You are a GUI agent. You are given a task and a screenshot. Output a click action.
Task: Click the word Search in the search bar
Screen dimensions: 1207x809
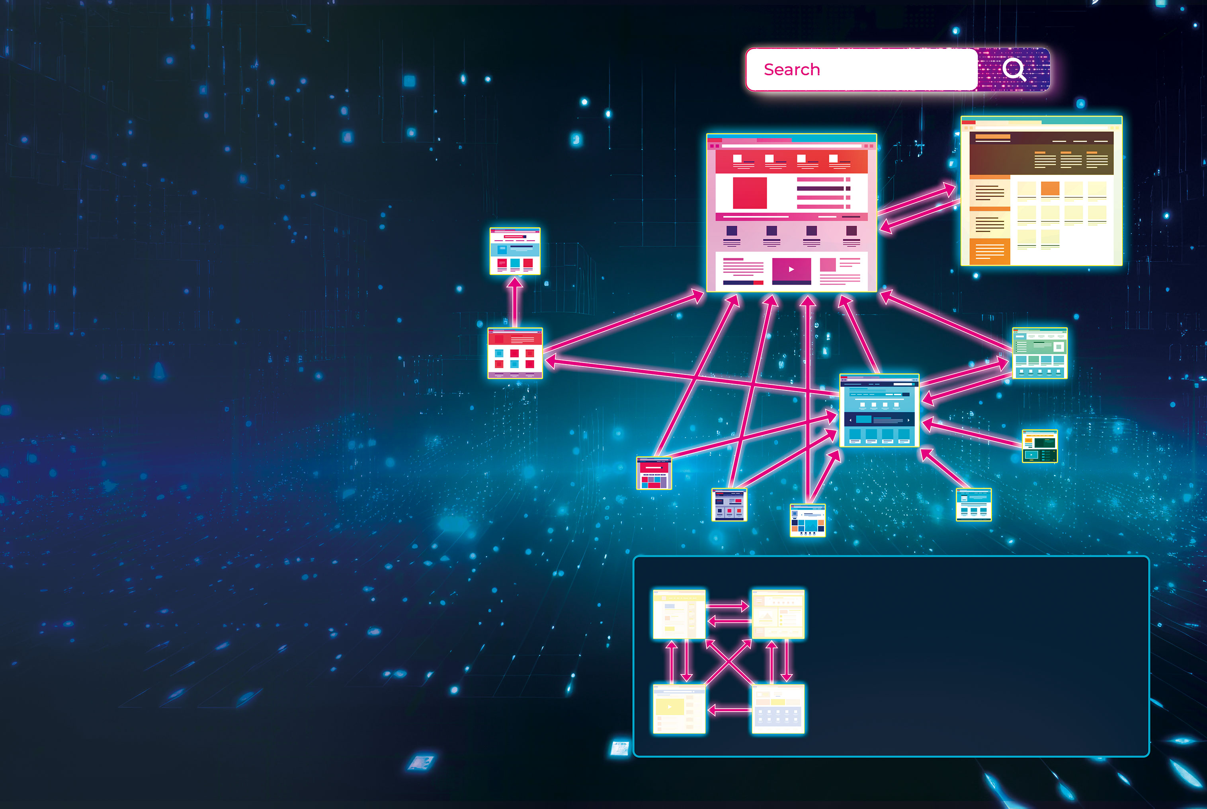point(791,69)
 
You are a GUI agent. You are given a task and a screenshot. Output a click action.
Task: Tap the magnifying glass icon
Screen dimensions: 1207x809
point(1014,70)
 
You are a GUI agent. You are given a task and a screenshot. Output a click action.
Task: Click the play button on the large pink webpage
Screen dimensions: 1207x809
point(791,269)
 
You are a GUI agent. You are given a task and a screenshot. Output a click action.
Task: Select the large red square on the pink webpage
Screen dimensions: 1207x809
point(750,193)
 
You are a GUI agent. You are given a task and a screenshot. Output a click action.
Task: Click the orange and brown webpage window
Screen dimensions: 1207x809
point(1041,191)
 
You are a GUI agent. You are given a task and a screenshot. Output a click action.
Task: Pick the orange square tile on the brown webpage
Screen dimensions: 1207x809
point(1050,189)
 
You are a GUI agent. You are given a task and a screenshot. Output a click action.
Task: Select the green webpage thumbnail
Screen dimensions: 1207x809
point(1040,353)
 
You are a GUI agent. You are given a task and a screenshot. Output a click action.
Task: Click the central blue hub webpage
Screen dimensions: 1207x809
point(879,411)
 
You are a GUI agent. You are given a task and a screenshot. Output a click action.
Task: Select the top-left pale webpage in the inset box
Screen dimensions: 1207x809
point(679,614)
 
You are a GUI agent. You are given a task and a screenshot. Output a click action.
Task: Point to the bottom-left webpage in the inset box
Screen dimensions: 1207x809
point(679,709)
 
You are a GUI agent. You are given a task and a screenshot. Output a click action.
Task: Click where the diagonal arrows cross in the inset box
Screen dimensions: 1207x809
point(728,663)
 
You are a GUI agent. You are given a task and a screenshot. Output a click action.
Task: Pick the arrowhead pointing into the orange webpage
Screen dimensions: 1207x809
point(949,189)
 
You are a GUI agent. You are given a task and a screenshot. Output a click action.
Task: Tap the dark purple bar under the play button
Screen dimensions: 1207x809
point(791,282)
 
